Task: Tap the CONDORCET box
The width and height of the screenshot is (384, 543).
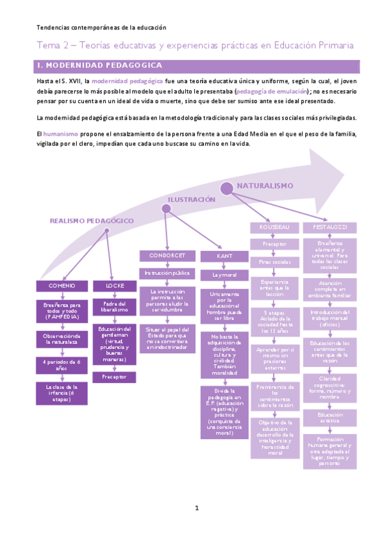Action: (x=167, y=255)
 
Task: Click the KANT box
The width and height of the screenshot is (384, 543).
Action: (x=224, y=256)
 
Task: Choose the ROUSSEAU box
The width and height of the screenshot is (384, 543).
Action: (x=275, y=227)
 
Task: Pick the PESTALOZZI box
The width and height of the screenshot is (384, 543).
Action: (x=330, y=227)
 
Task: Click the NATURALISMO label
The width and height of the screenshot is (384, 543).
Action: (x=265, y=186)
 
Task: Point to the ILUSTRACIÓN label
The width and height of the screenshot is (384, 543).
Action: (x=192, y=200)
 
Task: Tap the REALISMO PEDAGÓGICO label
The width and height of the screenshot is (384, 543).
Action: (x=92, y=220)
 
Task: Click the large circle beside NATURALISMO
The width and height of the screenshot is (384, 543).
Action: (x=227, y=188)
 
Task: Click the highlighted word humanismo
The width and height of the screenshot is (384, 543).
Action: (x=61, y=133)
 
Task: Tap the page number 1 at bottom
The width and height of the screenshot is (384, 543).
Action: (x=197, y=508)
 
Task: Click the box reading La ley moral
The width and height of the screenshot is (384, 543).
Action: (x=224, y=275)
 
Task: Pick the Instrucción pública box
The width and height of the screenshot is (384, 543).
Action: (x=167, y=273)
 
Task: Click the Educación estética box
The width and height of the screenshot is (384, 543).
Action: (x=330, y=400)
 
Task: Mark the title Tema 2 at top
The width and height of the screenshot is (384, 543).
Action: (x=195, y=45)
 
